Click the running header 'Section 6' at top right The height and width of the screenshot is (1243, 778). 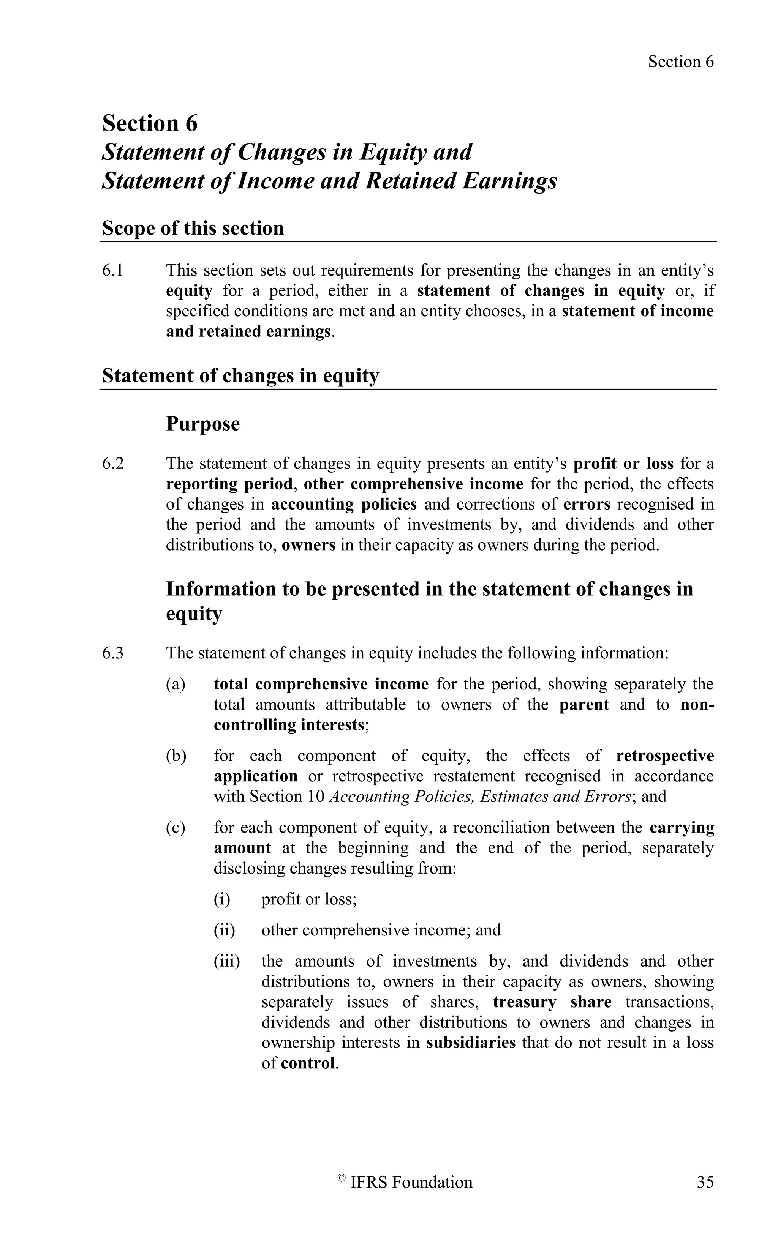pos(680,62)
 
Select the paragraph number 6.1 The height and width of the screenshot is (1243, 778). pos(113,271)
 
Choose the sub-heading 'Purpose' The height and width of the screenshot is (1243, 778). pos(203,424)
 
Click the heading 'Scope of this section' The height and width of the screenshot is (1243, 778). pos(193,228)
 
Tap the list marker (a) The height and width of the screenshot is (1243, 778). pos(175,685)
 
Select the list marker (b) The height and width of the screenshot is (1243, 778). pos(176,756)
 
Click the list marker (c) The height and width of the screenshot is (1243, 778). pos(175,828)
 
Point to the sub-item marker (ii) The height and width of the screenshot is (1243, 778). pos(225,930)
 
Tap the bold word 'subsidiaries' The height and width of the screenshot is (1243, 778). pos(471,1043)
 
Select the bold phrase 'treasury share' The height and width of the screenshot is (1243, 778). pos(552,1002)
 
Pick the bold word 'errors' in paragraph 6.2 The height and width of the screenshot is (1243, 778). pos(587,505)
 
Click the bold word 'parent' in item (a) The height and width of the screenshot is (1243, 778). pos(584,705)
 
